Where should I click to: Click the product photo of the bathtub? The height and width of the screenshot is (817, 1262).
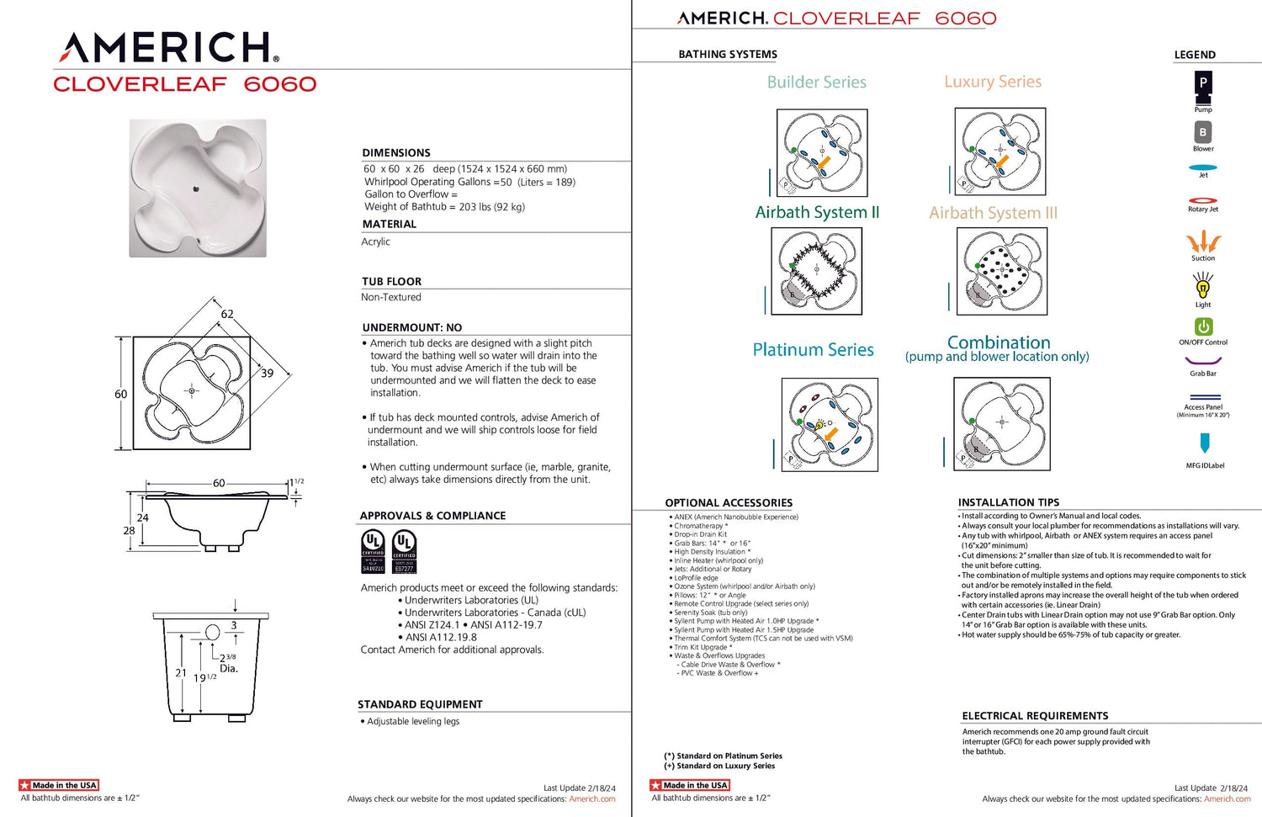pyautogui.click(x=198, y=188)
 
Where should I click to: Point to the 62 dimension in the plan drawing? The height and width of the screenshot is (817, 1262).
pyautogui.click(x=227, y=314)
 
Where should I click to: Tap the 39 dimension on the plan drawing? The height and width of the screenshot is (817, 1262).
pyautogui.click(x=267, y=374)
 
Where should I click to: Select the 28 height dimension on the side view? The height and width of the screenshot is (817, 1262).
pyautogui.click(x=129, y=531)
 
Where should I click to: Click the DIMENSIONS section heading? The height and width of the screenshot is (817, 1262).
pyautogui.click(x=396, y=153)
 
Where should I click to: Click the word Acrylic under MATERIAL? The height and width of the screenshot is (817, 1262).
pyautogui.click(x=375, y=241)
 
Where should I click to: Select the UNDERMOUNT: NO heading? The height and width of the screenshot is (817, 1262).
pyautogui.click(x=412, y=327)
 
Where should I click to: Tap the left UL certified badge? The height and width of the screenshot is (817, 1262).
pyautogui.click(x=373, y=551)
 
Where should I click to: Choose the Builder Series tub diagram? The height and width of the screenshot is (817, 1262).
pyautogui.click(x=822, y=152)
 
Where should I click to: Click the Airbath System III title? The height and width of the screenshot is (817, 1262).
pyautogui.click(x=993, y=213)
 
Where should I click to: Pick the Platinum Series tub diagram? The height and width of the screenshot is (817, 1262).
pyautogui.click(x=830, y=424)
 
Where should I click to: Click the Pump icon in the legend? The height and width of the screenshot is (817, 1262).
pyautogui.click(x=1203, y=83)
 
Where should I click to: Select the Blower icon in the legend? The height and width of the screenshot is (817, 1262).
pyautogui.click(x=1203, y=132)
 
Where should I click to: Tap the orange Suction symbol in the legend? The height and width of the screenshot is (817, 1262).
pyautogui.click(x=1203, y=241)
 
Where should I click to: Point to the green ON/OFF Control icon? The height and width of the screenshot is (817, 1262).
pyautogui.click(x=1203, y=326)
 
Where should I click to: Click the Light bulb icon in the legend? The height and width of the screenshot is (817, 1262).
pyautogui.click(x=1203, y=288)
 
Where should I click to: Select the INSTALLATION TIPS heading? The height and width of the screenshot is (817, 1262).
pyautogui.click(x=1008, y=502)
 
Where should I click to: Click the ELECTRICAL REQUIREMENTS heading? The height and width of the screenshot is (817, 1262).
pyautogui.click(x=1035, y=716)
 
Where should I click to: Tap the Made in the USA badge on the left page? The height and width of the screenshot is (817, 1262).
pyautogui.click(x=59, y=785)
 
